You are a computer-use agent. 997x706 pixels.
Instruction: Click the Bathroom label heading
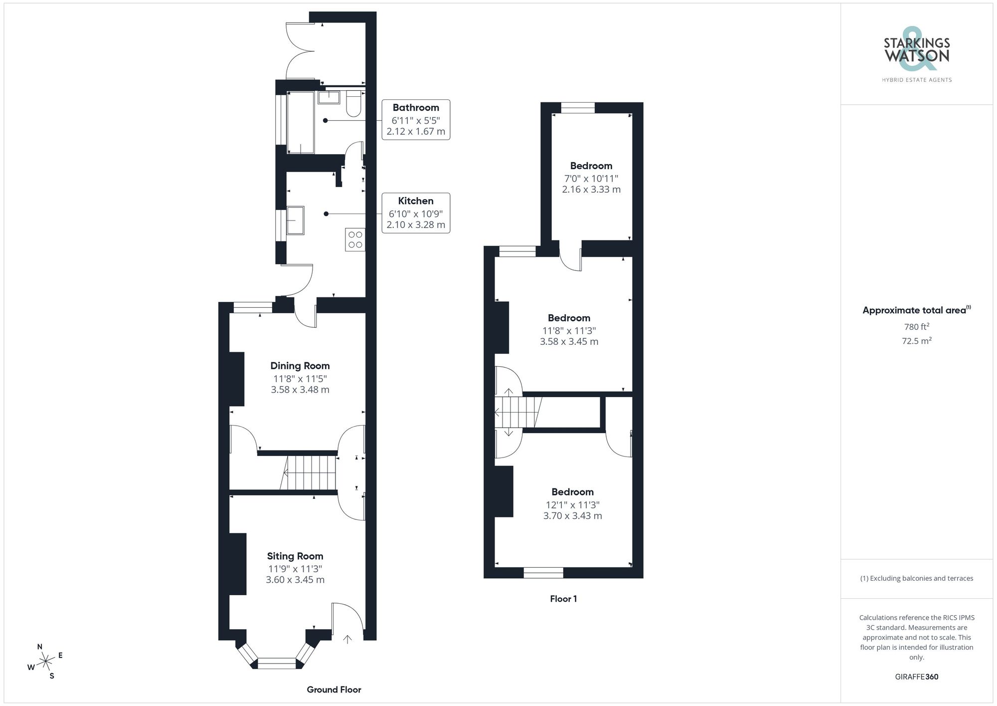pos(416,107)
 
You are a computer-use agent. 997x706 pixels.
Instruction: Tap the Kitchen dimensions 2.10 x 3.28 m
pos(416,225)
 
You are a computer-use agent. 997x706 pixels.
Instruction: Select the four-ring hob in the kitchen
pos(355,239)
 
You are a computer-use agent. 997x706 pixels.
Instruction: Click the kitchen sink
pos(295,220)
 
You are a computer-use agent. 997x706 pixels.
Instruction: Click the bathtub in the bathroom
pos(301,122)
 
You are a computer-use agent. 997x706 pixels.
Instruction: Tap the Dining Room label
pos(300,366)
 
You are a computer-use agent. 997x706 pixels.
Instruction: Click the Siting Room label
pos(295,556)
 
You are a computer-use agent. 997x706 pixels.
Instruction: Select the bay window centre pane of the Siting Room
pos(277,663)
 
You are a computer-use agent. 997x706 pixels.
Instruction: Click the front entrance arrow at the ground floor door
pos(347,639)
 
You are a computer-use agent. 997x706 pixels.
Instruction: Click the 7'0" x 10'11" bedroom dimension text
pos(591,178)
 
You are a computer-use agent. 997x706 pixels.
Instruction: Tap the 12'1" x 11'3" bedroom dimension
pos(572,504)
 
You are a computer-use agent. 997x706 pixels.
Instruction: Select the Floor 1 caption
pos(563,599)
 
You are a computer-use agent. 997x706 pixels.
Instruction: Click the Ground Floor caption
pos(333,690)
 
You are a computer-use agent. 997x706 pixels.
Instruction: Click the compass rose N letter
pos(40,647)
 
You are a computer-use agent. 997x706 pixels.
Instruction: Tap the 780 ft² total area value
pos(916,327)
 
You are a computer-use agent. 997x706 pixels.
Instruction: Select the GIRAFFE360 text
pos(916,677)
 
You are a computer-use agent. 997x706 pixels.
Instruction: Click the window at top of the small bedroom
pos(578,108)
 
